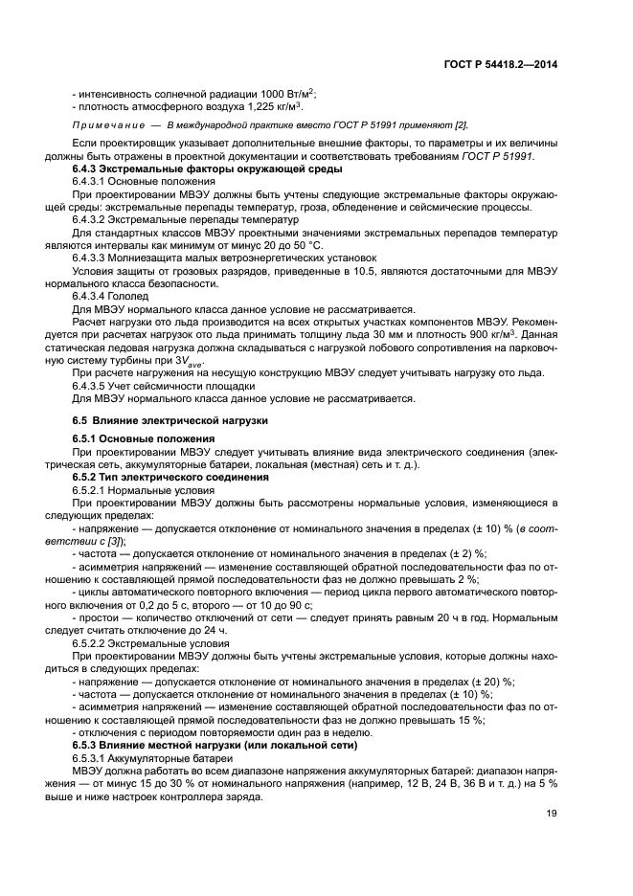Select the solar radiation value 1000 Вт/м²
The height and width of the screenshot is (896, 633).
pos(287,93)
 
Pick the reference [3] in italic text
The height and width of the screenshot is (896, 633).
pos(125,540)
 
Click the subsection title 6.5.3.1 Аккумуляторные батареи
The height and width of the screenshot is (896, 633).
pos(139,756)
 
